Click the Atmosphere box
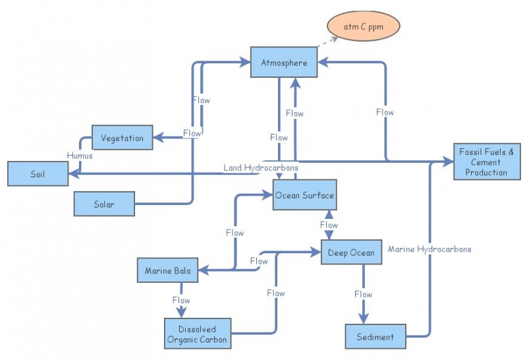coord(284,63)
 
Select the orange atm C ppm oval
coord(363,27)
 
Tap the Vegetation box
coord(122,138)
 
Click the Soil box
coord(38,174)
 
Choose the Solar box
coord(104,204)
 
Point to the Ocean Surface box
coord(304,195)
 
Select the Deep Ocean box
coord(351,253)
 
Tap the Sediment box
coord(375,336)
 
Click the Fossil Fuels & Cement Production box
coord(486,162)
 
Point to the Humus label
coord(80,156)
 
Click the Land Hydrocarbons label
coord(260,167)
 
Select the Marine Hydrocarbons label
coord(429,249)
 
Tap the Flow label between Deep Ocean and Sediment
coord(363,294)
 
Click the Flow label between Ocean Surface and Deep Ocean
coord(329,225)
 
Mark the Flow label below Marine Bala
coord(181,300)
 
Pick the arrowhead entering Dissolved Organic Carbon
coord(181,312)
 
